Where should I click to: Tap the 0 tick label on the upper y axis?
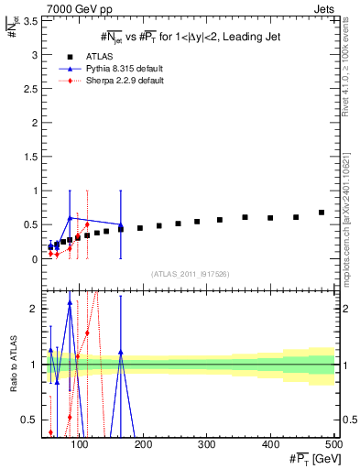[x=32, y=259]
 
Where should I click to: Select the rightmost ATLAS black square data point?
[x=322, y=213]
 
